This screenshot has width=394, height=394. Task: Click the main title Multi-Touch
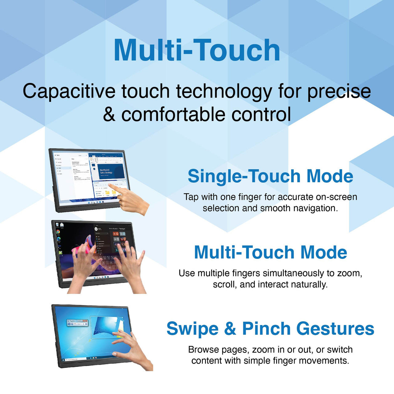197,50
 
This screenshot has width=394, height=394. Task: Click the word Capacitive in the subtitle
69,91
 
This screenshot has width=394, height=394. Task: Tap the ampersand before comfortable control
109,115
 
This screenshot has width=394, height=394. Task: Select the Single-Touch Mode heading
270,176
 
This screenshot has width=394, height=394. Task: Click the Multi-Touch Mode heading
270,252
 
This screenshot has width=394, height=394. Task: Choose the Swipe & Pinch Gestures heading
270,329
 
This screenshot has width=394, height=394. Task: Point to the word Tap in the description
191,197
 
